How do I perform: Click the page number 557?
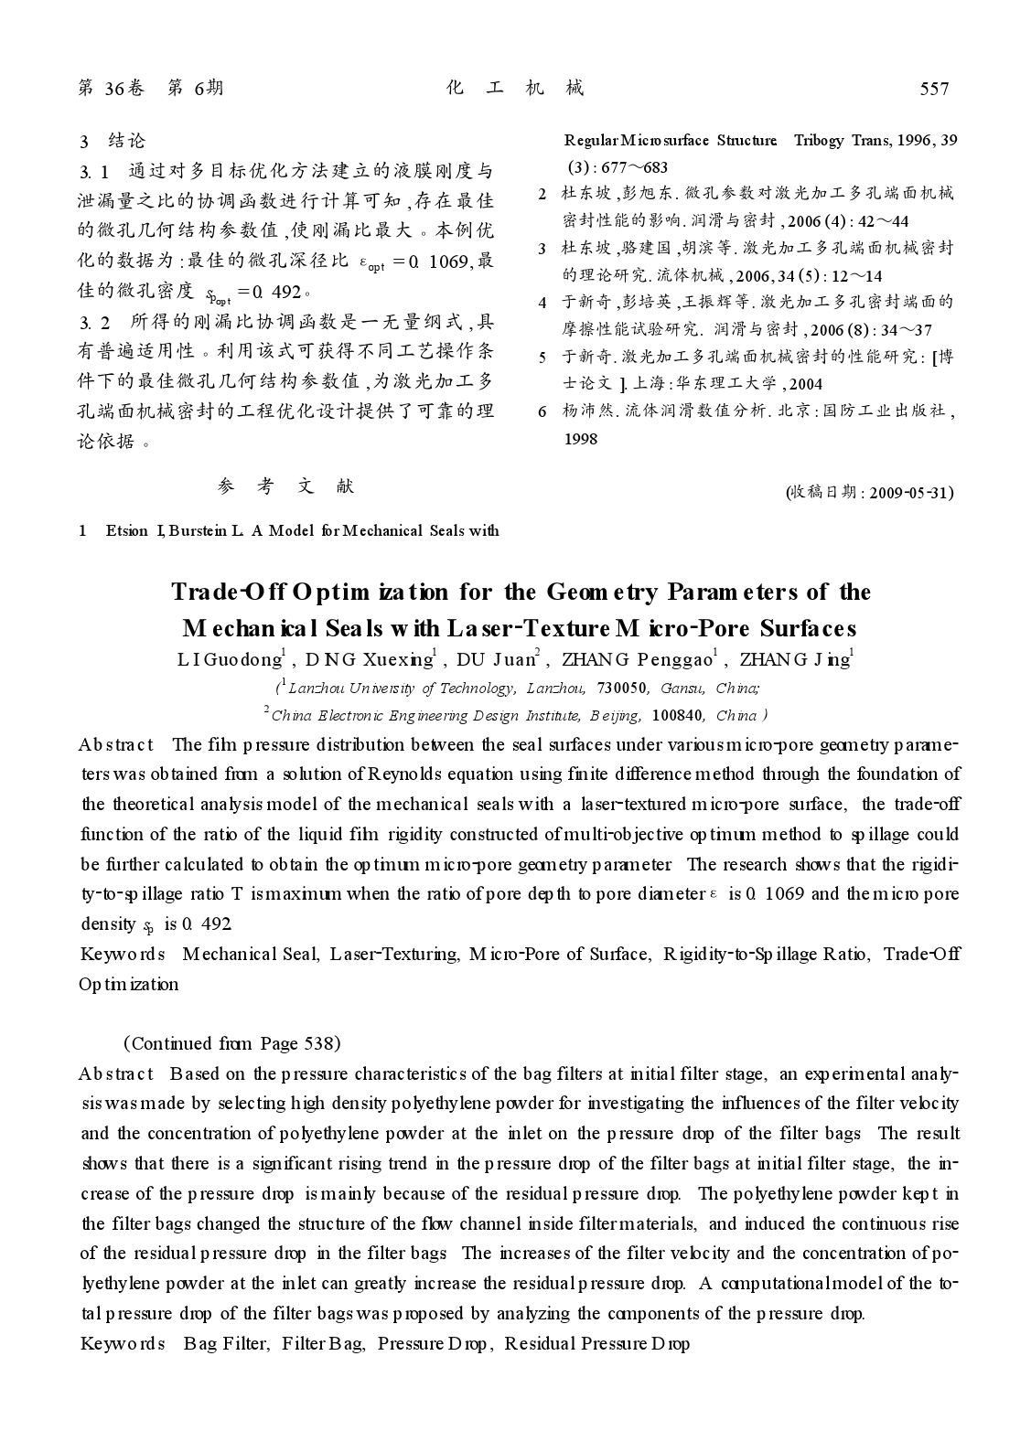934,89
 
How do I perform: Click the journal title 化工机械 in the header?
515,88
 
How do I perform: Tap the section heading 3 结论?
113,141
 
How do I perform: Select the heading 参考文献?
286,486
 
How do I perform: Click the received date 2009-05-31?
911,493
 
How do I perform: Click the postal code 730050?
621,689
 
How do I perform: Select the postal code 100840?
672,716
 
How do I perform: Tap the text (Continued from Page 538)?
231,1043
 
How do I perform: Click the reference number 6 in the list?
542,411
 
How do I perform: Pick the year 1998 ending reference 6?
580,439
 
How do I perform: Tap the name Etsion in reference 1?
126,531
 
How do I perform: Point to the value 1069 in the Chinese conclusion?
448,262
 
